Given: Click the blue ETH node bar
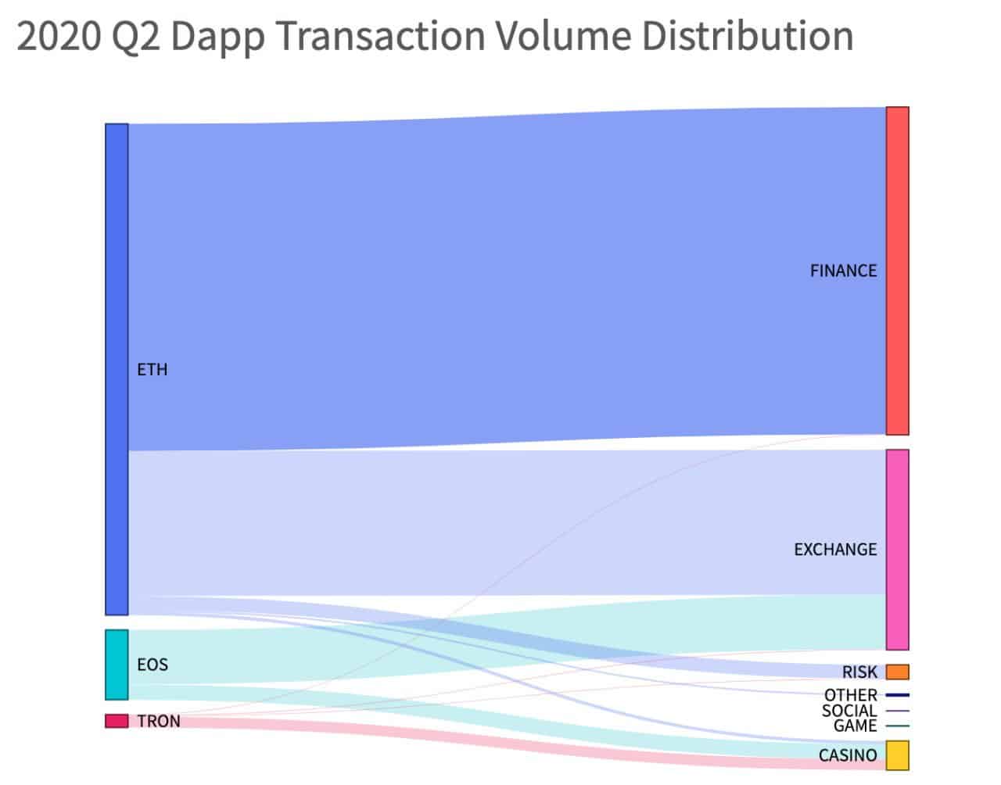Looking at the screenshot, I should (x=117, y=369).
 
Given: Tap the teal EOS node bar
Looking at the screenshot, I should (x=117, y=665).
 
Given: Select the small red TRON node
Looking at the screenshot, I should (x=117, y=721).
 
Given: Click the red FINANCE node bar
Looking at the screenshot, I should (x=897, y=271).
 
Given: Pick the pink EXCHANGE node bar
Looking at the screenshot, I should (x=897, y=549).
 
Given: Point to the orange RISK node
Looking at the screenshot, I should (x=897, y=672).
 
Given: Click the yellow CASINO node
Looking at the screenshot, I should (x=897, y=755).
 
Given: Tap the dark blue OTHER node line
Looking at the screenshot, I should (x=897, y=695).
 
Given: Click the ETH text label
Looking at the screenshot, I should (x=152, y=369).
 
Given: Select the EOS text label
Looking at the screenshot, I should (x=152, y=665).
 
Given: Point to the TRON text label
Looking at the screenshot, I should (x=159, y=721).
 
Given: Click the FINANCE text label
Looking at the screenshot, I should (x=843, y=271).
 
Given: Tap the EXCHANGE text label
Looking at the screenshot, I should (x=835, y=550).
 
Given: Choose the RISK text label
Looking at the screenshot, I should (x=859, y=672).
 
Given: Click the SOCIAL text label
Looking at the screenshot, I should (x=849, y=711).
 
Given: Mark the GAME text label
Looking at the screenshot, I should (x=855, y=726).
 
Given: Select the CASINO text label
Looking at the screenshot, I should (x=848, y=755).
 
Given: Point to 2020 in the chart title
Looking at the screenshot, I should (x=58, y=37).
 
